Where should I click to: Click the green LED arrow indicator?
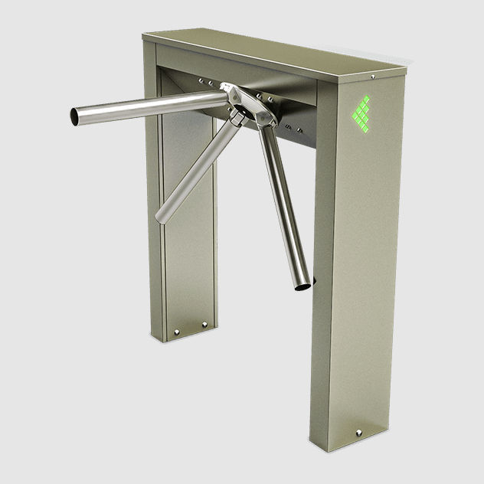(361, 114)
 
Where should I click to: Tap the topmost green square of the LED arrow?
(366, 99)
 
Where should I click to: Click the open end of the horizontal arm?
(75, 116)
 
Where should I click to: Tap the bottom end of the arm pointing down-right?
(303, 286)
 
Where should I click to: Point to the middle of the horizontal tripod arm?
(149, 106)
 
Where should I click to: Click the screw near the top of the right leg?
(372, 77)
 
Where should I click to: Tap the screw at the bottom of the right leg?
(358, 433)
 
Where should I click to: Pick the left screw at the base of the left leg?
(177, 332)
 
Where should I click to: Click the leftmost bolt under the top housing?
(200, 80)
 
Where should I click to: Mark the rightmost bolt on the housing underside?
(299, 130)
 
